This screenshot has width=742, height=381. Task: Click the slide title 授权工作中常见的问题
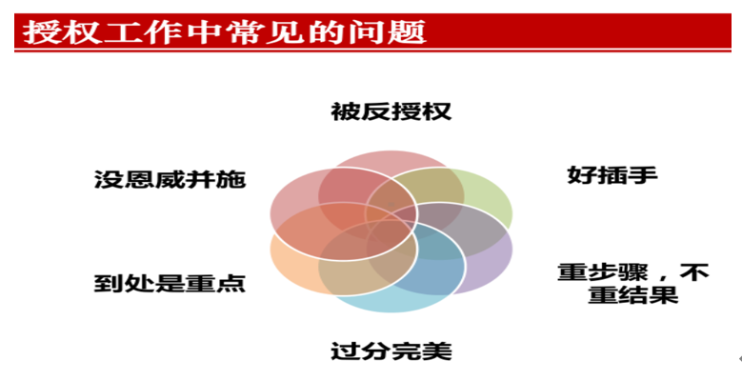224,32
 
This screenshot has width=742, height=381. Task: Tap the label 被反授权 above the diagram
391,111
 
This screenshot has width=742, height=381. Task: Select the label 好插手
612,175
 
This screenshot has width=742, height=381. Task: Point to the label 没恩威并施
170,179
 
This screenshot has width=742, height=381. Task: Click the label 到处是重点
170,283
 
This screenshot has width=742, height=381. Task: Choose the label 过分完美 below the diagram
391,351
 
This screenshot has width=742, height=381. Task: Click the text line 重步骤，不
633,272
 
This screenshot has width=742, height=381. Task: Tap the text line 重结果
633,295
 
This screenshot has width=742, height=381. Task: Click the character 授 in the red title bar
38,32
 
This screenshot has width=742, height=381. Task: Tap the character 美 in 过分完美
437,351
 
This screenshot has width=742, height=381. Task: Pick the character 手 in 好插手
643,175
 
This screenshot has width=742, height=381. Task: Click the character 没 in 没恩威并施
110,179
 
